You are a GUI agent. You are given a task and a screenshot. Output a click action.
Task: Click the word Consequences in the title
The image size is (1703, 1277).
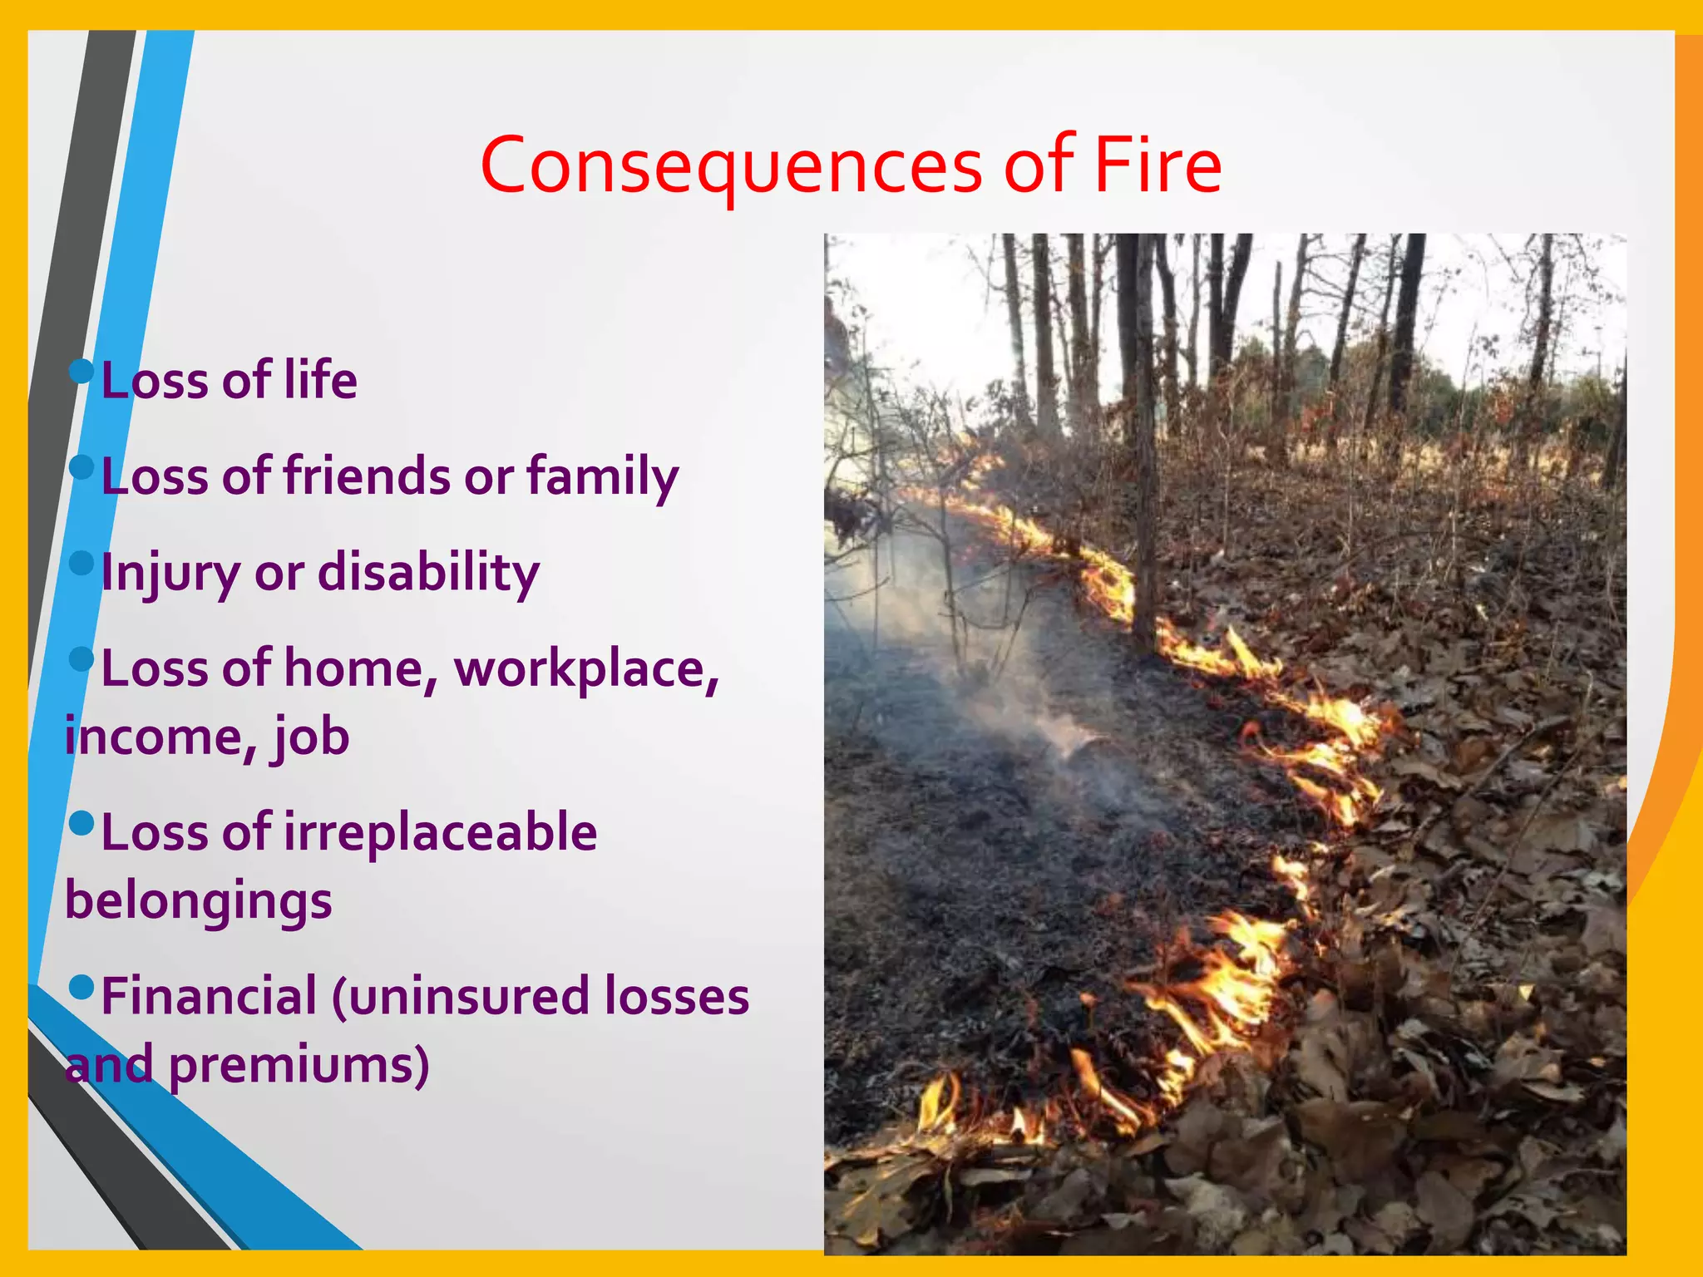(x=732, y=166)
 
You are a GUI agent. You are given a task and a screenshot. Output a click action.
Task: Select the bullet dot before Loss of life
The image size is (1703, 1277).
(x=81, y=371)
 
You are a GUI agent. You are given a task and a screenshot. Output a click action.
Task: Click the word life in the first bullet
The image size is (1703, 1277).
(x=321, y=380)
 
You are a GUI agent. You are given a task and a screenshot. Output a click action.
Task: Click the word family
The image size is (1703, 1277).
(x=602, y=478)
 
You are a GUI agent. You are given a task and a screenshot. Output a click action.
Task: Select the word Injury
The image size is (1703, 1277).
(x=170, y=574)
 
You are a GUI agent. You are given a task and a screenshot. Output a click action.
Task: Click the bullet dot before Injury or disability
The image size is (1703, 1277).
(x=81, y=563)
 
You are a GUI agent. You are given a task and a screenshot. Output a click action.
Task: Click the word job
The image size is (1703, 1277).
(x=312, y=738)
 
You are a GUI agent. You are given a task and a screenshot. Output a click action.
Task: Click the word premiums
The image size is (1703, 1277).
(x=299, y=1066)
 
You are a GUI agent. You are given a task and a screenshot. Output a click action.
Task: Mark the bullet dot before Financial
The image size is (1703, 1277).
(x=81, y=987)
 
